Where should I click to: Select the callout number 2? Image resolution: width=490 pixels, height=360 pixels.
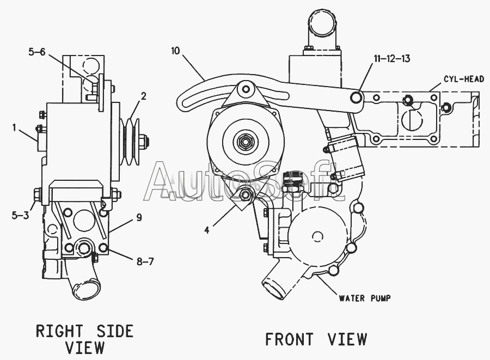tap(143, 96)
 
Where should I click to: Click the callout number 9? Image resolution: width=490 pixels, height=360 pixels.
tap(139, 217)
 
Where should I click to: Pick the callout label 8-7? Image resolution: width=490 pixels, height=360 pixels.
tap(145, 262)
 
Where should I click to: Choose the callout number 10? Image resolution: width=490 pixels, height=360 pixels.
tap(175, 51)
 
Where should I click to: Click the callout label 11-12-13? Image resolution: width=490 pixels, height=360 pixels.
tap(391, 59)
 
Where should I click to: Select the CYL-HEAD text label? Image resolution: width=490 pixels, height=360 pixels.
tap(463, 79)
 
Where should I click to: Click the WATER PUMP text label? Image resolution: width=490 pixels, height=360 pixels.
tap(364, 298)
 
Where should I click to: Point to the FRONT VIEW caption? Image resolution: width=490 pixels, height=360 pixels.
tap(315, 339)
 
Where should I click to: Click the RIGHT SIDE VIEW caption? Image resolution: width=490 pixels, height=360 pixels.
tap(84, 338)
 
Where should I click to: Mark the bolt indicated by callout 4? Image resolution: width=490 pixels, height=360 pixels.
tap(245, 195)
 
